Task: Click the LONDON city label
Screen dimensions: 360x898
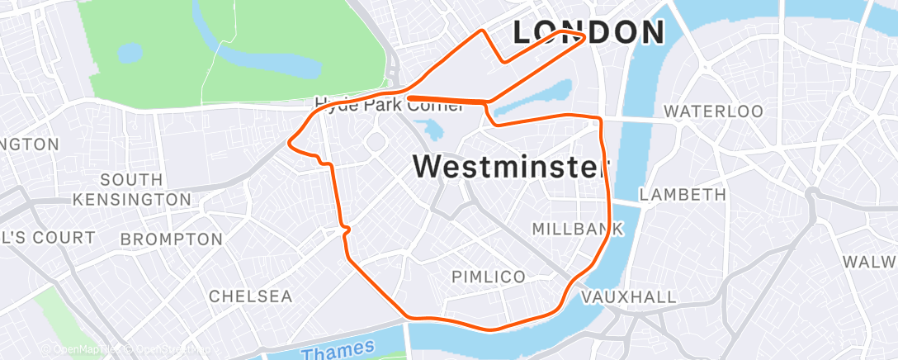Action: pyautogui.click(x=588, y=32)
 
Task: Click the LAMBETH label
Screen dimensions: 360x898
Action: pyautogui.click(x=683, y=195)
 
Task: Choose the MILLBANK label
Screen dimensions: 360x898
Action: pyautogui.click(x=577, y=229)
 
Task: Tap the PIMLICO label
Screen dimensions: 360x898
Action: pyautogui.click(x=489, y=277)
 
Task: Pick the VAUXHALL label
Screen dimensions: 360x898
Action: pyautogui.click(x=629, y=296)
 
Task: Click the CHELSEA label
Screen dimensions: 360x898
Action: pyautogui.click(x=250, y=296)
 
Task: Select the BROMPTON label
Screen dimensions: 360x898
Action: pyautogui.click(x=171, y=239)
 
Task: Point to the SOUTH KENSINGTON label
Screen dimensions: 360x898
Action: pyautogui.click(x=131, y=189)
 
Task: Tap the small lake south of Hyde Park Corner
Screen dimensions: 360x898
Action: pyautogui.click(x=430, y=129)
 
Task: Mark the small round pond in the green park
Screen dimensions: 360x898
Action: pyautogui.click(x=130, y=54)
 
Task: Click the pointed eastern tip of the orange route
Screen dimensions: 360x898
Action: pyautogui.click(x=585, y=36)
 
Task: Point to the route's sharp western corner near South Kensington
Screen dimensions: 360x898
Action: pyautogui.click(x=289, y=142)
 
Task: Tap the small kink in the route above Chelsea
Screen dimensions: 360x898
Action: pyautogui.click(x=347, y=230)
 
